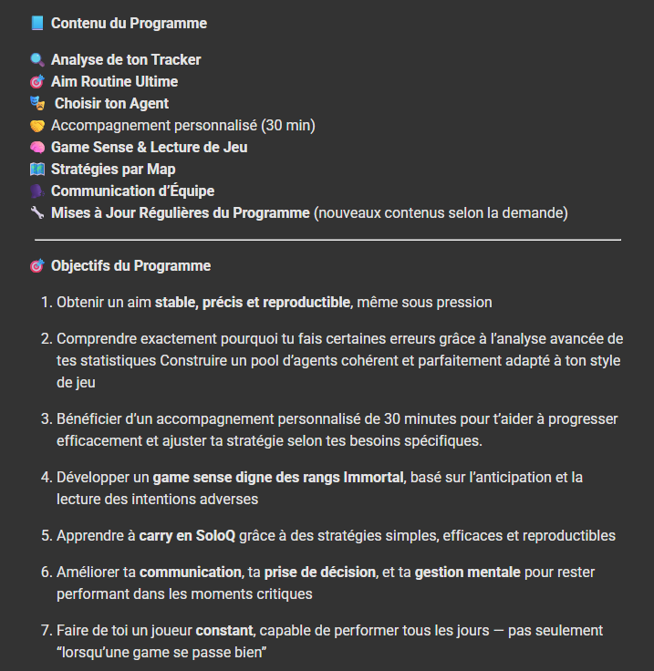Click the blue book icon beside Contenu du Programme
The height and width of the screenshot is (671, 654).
(x=36, y=23)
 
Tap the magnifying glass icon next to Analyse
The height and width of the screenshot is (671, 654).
(x=36, y=60)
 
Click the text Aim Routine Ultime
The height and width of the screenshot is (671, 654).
(x=114, y=82)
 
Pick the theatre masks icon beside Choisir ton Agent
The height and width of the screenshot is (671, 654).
(x=37, y=104)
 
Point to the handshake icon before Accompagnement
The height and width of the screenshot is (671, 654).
(x=36, y=126)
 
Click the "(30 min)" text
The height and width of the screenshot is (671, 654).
(x=288, y=126)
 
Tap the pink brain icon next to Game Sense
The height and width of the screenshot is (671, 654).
(x=36, y=148)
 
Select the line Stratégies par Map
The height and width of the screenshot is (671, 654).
(x=113, y=170)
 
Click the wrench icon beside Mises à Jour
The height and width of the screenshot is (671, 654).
(x=36, y=213)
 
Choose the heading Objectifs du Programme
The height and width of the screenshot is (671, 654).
(x=130, y=266)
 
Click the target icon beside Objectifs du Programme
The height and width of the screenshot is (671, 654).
(x=36, y=266)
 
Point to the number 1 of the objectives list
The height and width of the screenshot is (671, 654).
(x=46, y=303)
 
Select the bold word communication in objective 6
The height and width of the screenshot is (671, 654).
(x=190, y=573)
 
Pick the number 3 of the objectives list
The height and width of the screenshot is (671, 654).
(x=46, y=419)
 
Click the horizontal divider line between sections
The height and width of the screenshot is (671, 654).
(x=327, y=240)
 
